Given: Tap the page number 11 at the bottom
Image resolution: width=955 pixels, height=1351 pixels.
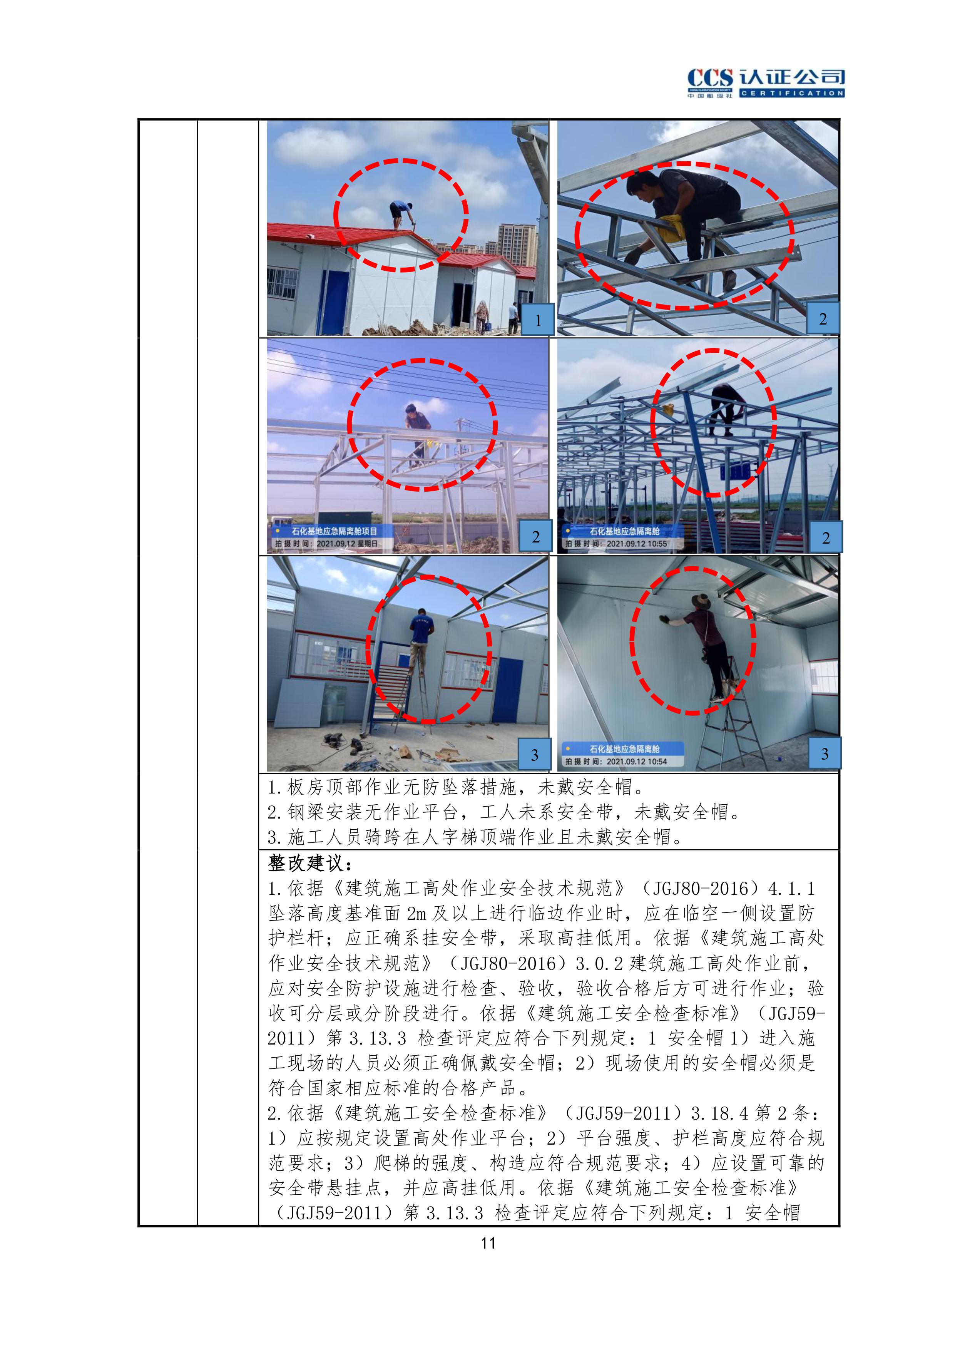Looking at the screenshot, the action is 488,1243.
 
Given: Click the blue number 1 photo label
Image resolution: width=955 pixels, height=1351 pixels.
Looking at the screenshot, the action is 537,320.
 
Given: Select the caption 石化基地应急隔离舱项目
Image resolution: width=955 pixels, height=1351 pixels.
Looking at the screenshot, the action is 334,531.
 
